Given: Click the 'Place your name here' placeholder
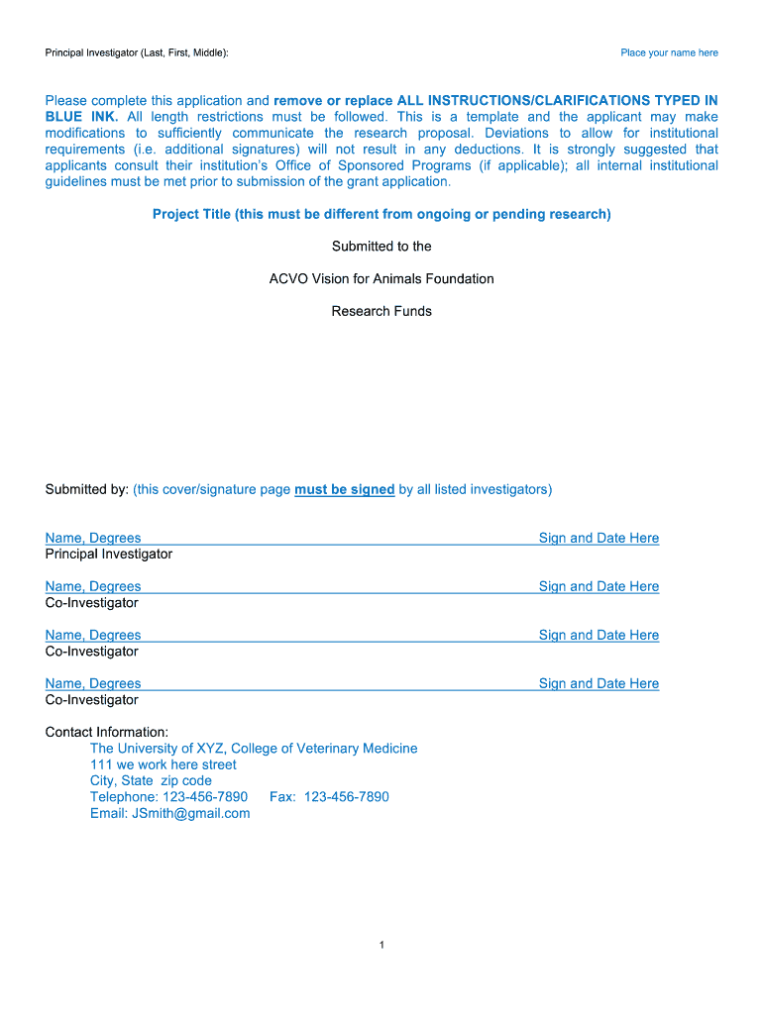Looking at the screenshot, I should [669, 52].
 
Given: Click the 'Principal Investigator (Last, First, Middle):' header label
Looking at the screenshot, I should [137, 52].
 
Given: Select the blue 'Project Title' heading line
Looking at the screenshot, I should [381, 214].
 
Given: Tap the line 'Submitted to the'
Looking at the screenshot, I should [381, 247].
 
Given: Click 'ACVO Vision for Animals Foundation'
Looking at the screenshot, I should [381, 279].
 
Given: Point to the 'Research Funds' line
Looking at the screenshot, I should [381, 311].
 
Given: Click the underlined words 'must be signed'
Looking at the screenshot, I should [345, 489].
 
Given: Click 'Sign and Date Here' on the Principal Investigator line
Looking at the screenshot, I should [599, 538].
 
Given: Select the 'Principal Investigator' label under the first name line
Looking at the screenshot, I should [109, 554].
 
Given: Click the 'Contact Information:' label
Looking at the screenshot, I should [107, 732].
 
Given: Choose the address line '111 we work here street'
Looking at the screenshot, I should [163, 764].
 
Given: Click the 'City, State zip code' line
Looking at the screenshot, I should [151, 780].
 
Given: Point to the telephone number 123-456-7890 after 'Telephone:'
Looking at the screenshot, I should [205, 797].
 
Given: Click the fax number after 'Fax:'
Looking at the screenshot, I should [346, 797].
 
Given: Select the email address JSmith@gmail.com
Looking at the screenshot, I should [191, 813].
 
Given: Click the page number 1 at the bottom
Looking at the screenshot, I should [381, 946].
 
